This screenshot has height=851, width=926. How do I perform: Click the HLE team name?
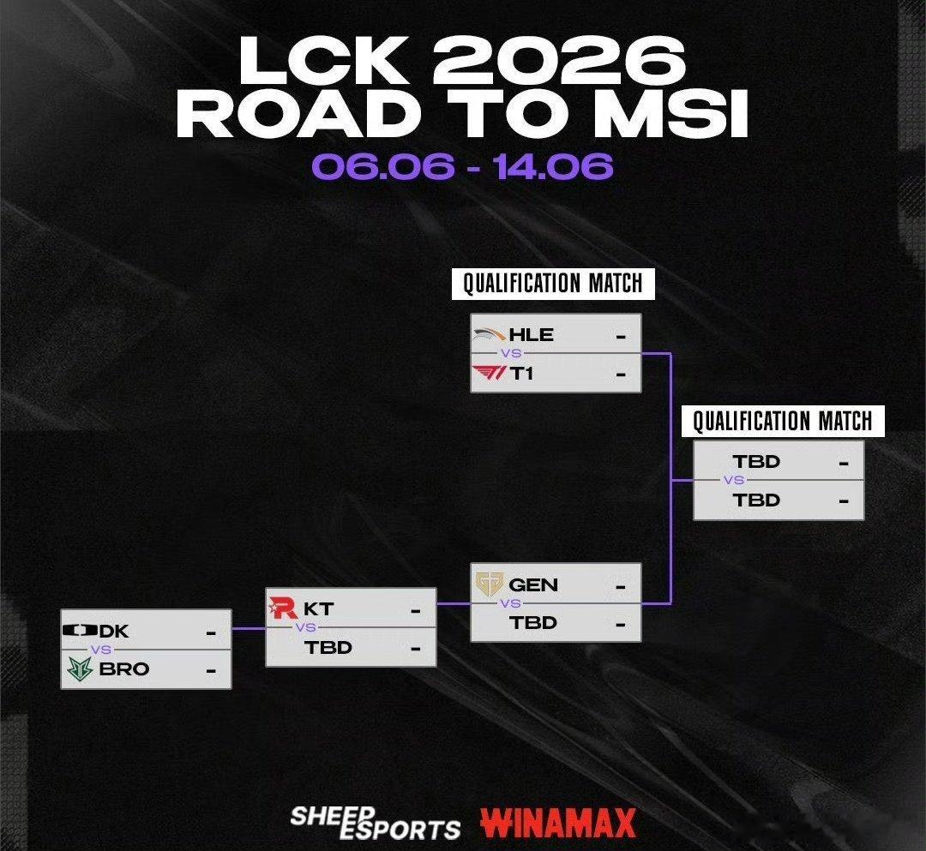(x=531, y=334)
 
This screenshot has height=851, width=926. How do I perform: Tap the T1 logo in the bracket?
(x=489, y=373)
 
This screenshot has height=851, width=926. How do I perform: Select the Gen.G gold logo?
(x=489, y=584)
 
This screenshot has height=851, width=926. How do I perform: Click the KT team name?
(x=318, y=608)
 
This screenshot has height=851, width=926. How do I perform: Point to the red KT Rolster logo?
(x=284, y=608)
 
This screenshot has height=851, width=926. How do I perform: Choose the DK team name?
(x=114, y=631)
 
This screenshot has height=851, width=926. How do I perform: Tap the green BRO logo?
(x=80, y=668)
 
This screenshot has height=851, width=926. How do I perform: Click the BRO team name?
(x=124, y=668)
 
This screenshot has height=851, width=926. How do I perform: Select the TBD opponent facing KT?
(x=328, y=647)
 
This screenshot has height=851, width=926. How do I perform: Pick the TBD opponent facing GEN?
(x=532, y=623)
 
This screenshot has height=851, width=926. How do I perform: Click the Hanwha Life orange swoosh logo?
(x=490, y=334)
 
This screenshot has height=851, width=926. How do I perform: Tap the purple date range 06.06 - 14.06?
(x=462, y=166)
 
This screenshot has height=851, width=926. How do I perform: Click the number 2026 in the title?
(x=559, y=60)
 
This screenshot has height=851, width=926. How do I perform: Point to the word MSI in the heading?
(x=673, y=113)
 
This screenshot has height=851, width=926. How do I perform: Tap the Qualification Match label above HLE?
(x=553, y=284)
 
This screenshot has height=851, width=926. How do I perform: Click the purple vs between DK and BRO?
(x=101, y=650)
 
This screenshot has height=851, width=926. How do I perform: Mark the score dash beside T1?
(x=621, y=375)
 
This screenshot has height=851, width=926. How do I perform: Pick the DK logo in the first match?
(x=80, y=630)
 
